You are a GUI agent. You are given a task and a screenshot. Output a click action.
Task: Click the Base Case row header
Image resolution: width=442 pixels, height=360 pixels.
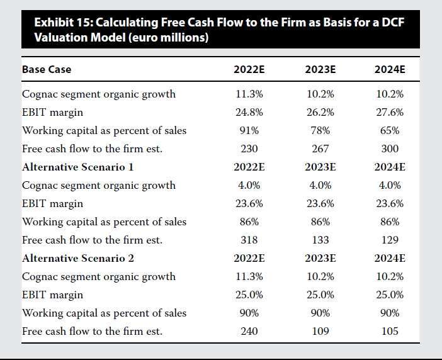pyautogui.click(x=47, y=69)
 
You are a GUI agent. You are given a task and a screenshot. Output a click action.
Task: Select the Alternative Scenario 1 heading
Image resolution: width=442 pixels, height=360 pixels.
pyautogui.click(x=78, y=167)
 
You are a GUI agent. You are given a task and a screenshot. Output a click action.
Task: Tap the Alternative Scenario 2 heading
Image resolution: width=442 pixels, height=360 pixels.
pyautogui.click(x=78, y=258)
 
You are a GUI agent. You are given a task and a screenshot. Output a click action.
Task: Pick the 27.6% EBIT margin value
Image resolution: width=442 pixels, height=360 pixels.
pyautogui.click(x=389, y=113)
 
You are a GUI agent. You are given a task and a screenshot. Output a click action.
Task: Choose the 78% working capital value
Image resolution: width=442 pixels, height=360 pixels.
pyautogui.click(x=320, y=131)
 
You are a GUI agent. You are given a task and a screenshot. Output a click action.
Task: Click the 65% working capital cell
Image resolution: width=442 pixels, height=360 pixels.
pyautogui.click(x=389, y=131)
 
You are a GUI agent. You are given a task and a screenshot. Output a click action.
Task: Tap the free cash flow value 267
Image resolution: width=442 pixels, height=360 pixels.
pyautogui.click(x=320, y=149)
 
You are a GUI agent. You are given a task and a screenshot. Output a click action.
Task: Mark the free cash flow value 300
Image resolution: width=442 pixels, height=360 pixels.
pyautogui.click(x=389, y=149)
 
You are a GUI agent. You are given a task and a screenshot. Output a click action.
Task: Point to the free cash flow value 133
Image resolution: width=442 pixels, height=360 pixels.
pyautogui.click(x=320, y=240)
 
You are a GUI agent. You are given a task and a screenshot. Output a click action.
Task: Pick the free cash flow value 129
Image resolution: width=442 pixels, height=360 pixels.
pyautogui.click(x=389, y=240)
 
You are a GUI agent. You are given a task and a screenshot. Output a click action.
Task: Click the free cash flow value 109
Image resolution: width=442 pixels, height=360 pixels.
pyautogui.click(x=320, y=331)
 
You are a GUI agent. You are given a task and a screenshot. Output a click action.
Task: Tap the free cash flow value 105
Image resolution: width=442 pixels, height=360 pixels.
pyautogui.click(x=389, y=331)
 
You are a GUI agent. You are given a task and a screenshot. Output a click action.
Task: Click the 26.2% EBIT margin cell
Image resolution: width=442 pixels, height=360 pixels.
pyautogui.click(x=320, y=113)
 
